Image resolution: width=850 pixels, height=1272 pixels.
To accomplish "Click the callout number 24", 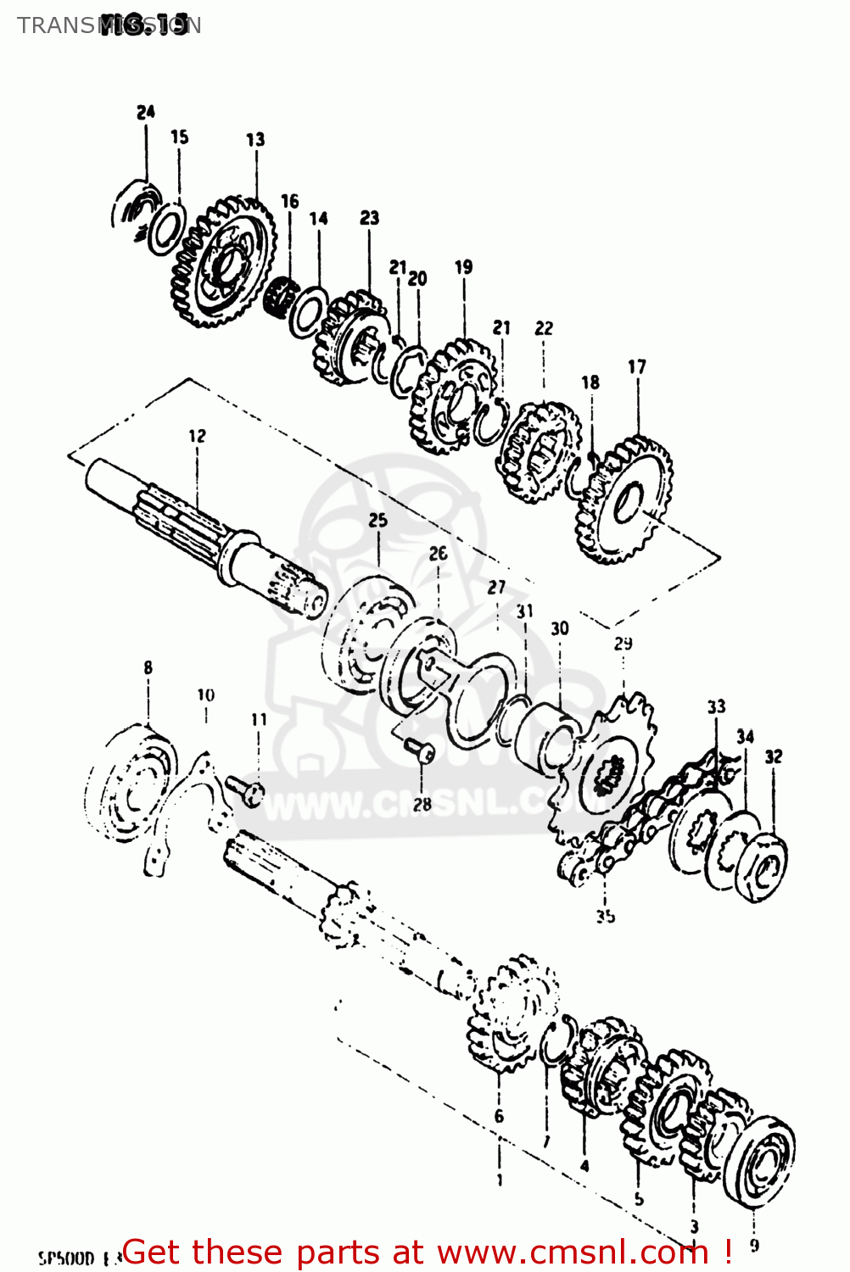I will click(146, 112).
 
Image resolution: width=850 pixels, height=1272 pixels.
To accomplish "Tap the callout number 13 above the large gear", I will click(255, 139).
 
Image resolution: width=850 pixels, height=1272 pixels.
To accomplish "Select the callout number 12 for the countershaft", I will click(197, 436).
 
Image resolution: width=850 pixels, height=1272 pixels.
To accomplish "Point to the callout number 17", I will click(636, 367).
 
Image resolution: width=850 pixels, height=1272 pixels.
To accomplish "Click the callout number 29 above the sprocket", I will click(623, 644).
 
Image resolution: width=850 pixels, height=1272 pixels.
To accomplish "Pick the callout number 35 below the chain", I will click(605, 916).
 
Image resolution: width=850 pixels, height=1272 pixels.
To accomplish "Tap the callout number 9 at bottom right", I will click(754, 1246).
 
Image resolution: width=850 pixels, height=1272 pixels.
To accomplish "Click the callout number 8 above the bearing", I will click(148, 668).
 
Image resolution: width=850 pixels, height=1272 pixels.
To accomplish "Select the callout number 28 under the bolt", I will click(422, 804).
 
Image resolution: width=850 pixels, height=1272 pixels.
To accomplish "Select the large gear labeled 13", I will click(225, 263).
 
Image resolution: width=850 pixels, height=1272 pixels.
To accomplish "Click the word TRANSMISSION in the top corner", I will click(109, 25).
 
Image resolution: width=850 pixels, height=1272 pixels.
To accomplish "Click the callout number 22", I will click(544, 328).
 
